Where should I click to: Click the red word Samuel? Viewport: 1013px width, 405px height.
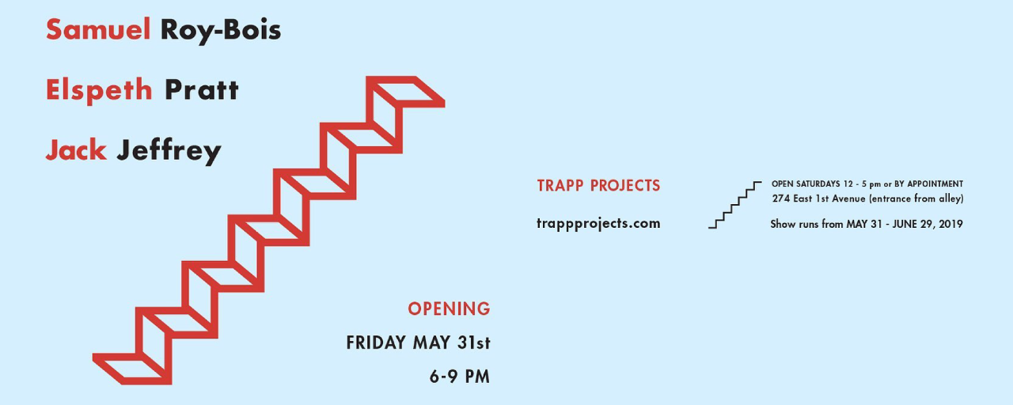tap(98, 30)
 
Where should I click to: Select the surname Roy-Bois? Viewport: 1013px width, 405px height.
tap(221, 31)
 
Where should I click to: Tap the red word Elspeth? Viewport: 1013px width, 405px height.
tap(99, 90)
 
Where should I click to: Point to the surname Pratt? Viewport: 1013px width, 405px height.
tap(202, 89)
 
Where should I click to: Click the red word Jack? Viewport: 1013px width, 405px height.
tap(76, 150)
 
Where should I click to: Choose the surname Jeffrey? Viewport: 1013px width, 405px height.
tap(169, 151)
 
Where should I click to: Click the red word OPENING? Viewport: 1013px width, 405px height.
tap(449, 308)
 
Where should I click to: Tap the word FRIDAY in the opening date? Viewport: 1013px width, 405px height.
tap(376, 343)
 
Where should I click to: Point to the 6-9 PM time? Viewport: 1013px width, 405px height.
tap(460, 377)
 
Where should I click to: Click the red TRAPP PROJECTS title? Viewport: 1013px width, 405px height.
tap(598, 185)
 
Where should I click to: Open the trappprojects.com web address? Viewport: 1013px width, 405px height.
tap(598, 223)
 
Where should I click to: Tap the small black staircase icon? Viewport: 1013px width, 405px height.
tap(735, 205)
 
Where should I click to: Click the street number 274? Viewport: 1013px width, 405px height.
tap(781, 199)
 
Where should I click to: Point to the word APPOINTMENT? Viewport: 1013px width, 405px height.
tap(935, 184)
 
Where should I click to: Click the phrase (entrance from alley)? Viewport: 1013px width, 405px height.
tap(916, 199)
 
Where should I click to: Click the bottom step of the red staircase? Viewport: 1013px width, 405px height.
tap(132, 369)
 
